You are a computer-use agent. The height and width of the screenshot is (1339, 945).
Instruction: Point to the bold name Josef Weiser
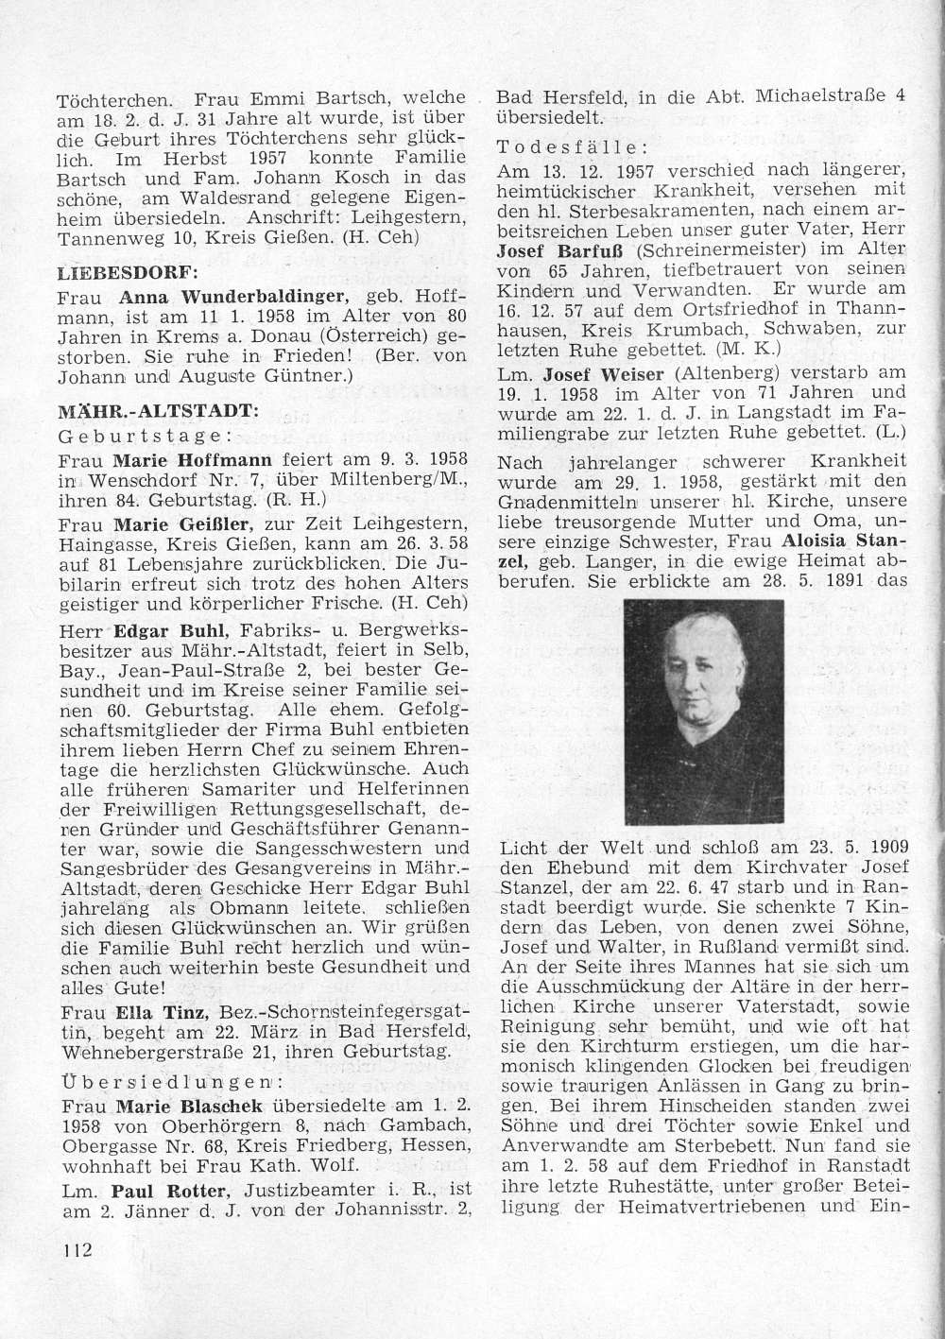pyautogui.click(x=591, y=373)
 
